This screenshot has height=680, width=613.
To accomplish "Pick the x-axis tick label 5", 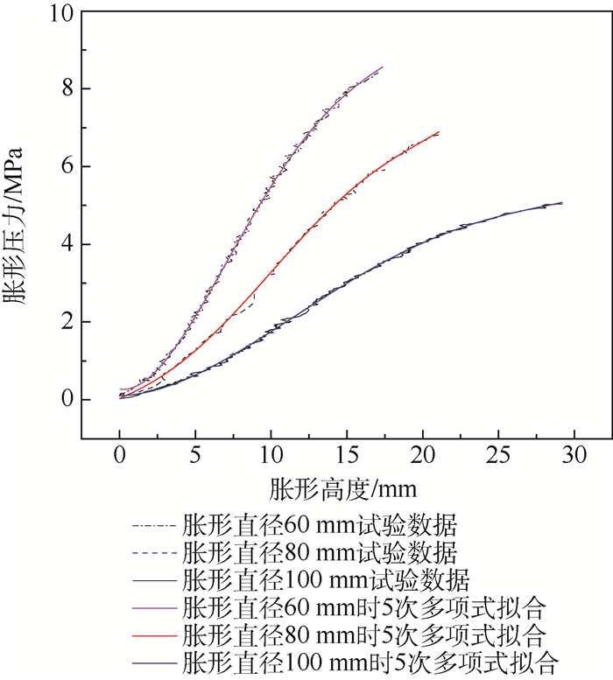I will pos(195,454).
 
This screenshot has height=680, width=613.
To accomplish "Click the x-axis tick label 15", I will pos(347,454).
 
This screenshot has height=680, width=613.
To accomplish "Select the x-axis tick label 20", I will pos(423,454).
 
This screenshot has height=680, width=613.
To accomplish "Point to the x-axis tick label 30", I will pos(574,454).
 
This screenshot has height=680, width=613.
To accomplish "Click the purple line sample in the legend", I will pos(152,606).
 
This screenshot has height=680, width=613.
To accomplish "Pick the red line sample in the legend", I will pos(152,633).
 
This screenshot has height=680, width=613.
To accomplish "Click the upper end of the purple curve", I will pos(383,67).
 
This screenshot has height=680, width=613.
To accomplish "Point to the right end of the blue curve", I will pos(561,202).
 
